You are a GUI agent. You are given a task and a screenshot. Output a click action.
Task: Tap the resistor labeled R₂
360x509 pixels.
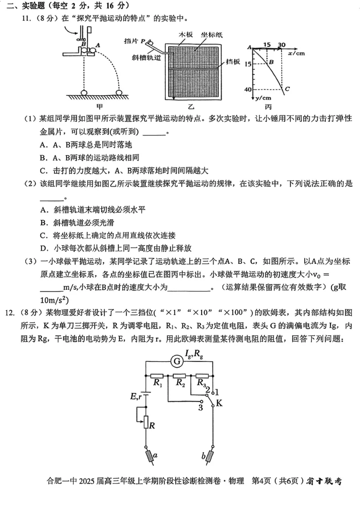(180, 375)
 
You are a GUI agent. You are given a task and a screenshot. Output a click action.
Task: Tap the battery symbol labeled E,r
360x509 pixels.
(146, 394)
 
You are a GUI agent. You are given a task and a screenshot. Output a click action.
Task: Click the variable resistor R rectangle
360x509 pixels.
(146, 422)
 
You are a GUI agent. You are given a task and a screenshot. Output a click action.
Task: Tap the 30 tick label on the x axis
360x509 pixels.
(282, 45)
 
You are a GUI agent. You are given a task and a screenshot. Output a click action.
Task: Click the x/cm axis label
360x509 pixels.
(296, 53)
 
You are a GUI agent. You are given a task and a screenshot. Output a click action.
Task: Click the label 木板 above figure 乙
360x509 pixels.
(185, 34)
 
